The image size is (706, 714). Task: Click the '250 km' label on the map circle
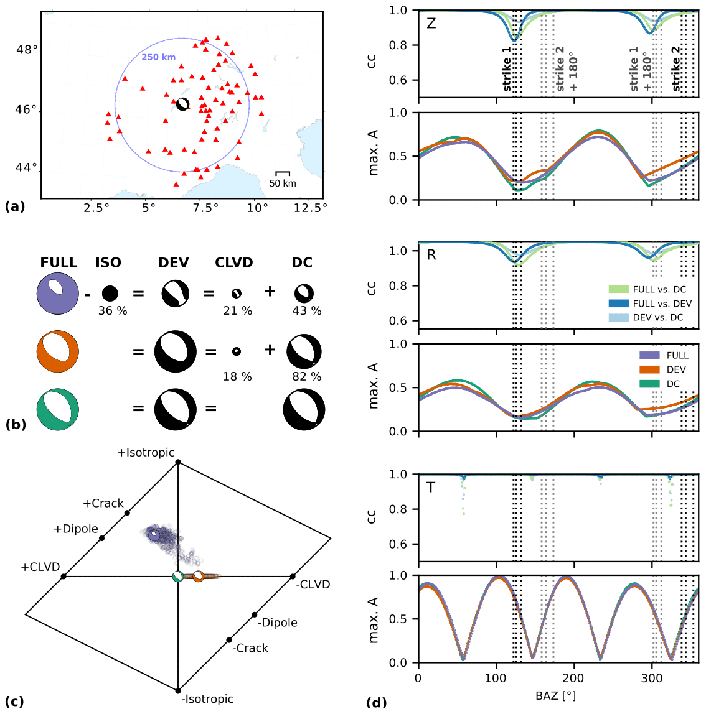point(158,57)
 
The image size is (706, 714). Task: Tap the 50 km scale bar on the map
point(283,172)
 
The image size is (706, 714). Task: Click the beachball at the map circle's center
point(182,104)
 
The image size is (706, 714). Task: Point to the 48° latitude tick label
point(27,50)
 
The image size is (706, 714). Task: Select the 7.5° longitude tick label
point(202,208)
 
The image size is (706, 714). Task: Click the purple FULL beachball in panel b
point(58,293)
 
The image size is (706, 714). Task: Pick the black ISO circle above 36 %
point(110,293)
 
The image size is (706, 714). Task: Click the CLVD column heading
point(234,262)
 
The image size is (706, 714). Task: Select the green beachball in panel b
point(58,409)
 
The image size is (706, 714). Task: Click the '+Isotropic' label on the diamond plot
point(146,453)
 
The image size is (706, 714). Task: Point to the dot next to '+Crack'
point(127,512)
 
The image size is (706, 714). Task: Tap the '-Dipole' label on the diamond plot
point(278,623)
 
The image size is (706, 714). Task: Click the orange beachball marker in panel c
point(198,576)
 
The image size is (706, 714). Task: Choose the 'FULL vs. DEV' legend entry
point(662,304)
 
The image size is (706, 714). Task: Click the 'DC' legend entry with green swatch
point(673,384)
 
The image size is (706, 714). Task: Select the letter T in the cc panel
point(431,488)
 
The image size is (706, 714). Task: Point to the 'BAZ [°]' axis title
point(555,696)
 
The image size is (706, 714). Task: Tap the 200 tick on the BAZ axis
point(573,678)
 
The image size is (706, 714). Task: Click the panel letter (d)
point(377,702)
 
